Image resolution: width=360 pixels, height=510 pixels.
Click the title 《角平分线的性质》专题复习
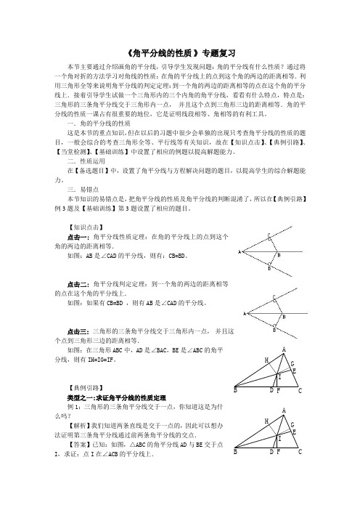179,52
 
